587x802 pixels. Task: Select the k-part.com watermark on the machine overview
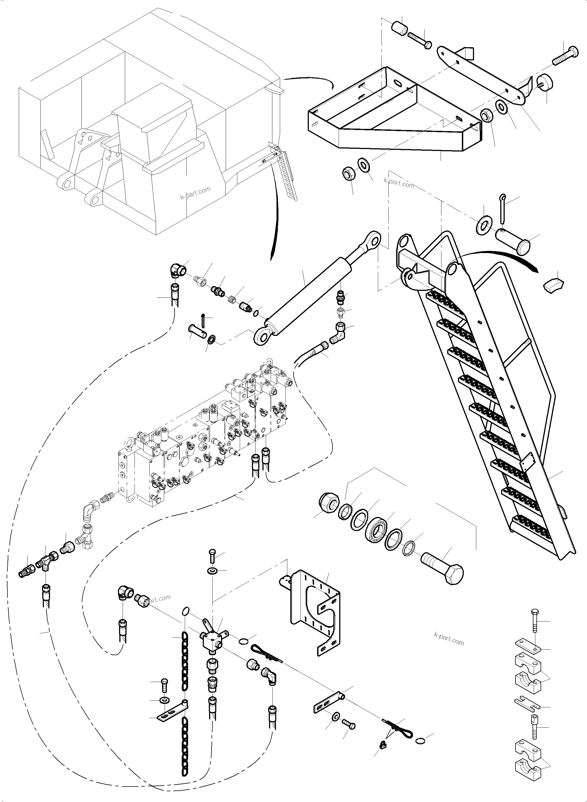(x=195, y=193)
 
